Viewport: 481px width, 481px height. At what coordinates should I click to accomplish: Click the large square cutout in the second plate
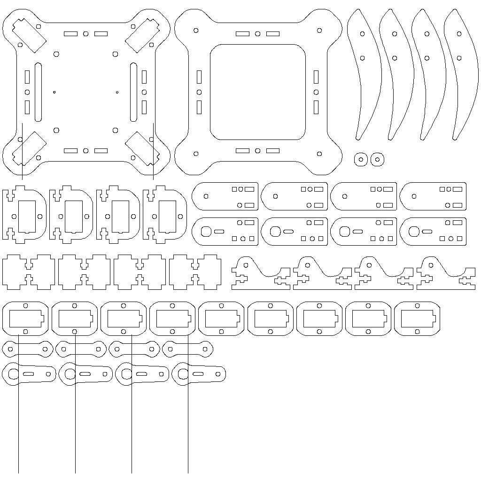[257, 92]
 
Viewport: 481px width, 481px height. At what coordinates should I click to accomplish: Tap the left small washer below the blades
[360, 159]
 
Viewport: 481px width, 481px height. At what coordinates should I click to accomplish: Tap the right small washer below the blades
[377, 159]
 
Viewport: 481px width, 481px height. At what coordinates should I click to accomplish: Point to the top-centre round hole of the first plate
[85, 34]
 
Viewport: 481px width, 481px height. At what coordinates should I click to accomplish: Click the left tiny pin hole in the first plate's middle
[54, 92]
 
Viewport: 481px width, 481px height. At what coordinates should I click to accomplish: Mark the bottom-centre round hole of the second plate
[257, 151]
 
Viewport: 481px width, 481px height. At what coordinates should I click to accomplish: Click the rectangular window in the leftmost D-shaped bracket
[27, 216]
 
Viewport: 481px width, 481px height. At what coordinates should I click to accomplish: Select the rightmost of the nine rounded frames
[417, 318]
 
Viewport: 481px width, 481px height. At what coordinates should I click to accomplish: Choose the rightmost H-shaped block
[195, 272]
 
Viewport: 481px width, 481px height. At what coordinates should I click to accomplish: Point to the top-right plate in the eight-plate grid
[433, 196]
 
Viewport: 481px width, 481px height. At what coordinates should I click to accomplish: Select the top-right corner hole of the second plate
[319, 31]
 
